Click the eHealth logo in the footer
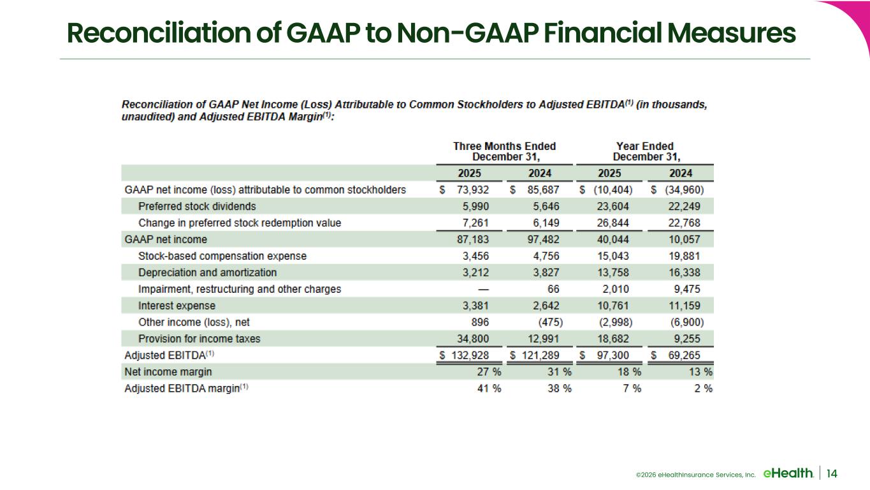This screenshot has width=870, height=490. pos(787,473)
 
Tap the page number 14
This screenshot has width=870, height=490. pos(832,473)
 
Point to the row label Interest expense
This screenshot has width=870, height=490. pos(177,306)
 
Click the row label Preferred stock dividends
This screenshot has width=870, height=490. pos(197,206)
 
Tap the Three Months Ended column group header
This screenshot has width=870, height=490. pos(504,151)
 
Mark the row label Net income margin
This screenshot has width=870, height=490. pos(168,372)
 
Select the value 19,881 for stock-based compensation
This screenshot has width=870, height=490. pos(695,256)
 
